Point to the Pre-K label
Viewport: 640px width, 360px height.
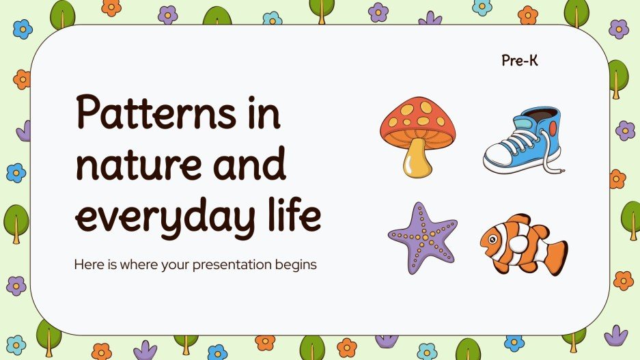tap(520, 61)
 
